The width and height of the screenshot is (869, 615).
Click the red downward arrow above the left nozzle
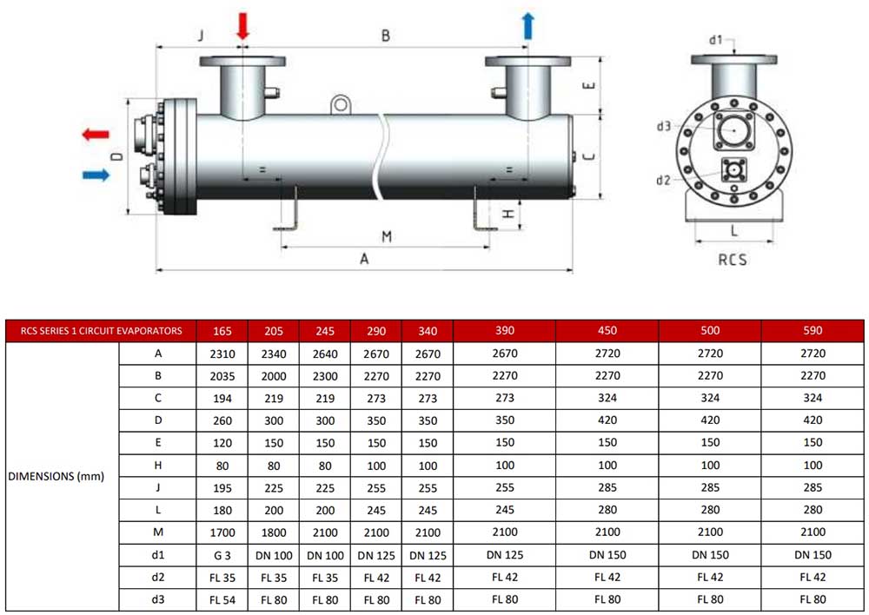(x=242, y=25)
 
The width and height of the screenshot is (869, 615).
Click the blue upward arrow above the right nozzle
(x=528, y=25)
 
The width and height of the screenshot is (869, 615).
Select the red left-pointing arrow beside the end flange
(x=96, y=134)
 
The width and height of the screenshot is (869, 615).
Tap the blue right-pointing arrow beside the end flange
(x=96, y=175)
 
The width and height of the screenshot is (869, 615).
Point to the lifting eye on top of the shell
(x=341, y=105)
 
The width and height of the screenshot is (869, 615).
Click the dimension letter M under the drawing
(x=387, y=236)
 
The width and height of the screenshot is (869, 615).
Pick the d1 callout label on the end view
(x=716, y=40)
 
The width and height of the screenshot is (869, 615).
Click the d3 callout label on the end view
(x=663, y=126)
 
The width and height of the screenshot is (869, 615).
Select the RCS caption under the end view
(x=732, y=260)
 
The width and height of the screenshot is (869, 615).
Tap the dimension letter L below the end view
(x=734, y=230)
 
